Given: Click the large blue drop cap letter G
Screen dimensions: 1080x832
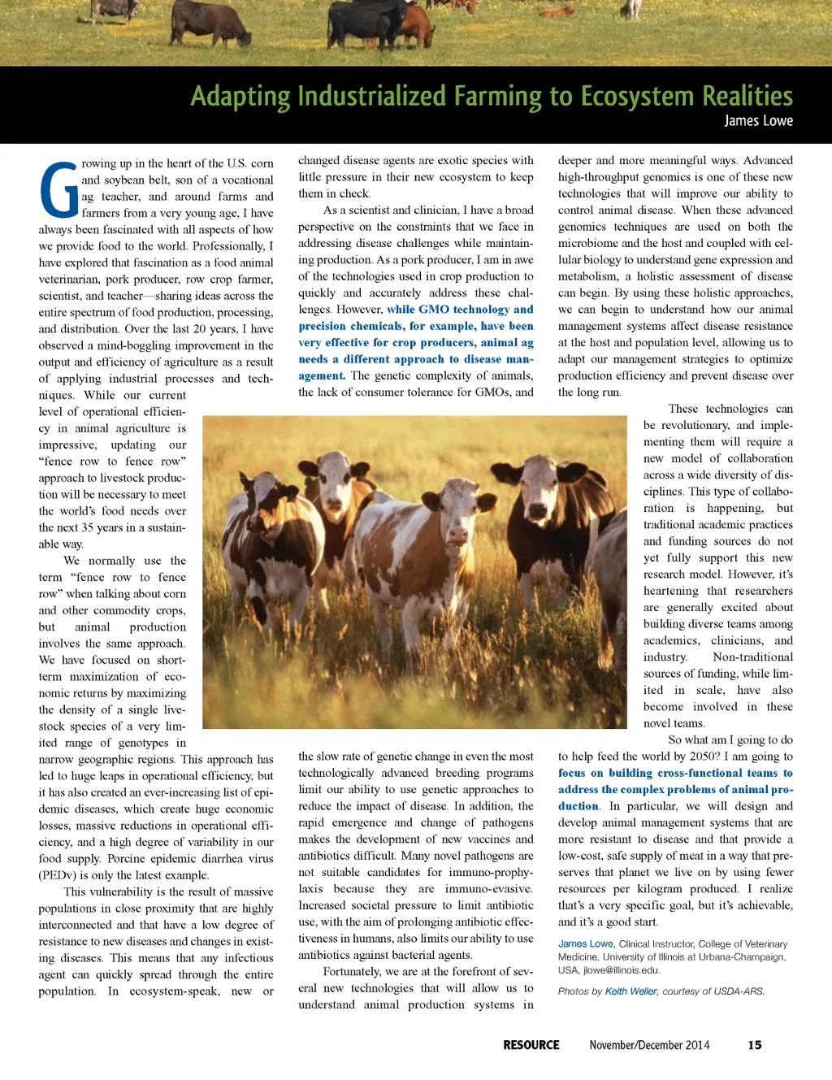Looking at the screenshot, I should click(58, 191).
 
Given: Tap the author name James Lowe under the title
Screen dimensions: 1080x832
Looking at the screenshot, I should click(758, 121).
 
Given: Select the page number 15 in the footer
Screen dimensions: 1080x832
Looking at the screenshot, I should click(755, 1045).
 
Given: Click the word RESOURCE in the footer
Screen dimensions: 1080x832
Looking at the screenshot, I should click(531, 1045).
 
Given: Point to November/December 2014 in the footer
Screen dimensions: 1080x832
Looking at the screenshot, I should click(649, 1045).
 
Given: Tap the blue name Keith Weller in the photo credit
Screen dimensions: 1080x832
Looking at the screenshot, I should click(630, 991).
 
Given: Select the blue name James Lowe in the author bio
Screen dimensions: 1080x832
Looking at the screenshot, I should click(585, 944).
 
